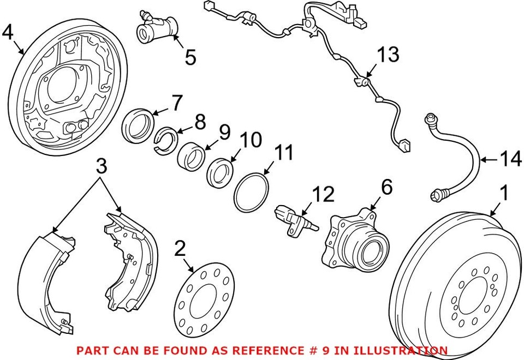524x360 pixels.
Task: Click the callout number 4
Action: click(x=8, y=32)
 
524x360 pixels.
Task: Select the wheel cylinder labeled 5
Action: click(x=157, y=27)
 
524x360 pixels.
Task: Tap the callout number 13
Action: click(x=388, y=55)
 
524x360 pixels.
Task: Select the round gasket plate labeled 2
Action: click(x=204, y=295)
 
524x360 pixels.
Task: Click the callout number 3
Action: click(x=100, y=165)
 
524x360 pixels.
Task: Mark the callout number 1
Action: click(x=505, y=193)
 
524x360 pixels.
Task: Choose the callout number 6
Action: click(x=386, y=187)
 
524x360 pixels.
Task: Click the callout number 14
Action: click(x=511, y=160)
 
